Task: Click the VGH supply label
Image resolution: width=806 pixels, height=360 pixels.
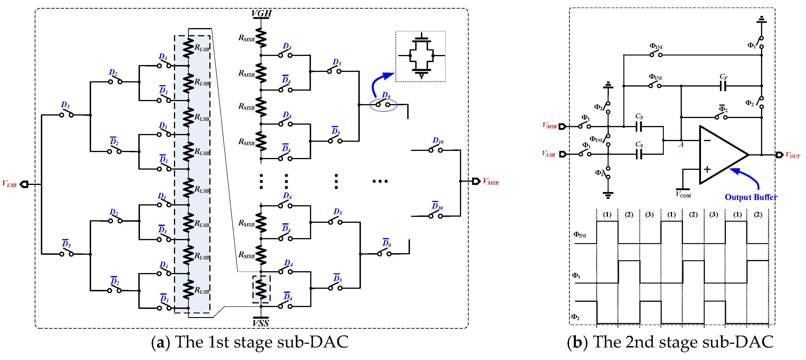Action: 261,13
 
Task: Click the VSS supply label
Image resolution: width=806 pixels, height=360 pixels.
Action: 261,323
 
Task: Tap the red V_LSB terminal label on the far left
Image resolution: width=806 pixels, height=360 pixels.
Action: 9,184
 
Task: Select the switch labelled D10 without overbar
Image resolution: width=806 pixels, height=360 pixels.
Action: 436,150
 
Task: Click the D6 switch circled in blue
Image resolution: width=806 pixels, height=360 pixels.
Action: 383,104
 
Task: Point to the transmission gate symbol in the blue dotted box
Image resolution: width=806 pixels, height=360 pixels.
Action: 421,56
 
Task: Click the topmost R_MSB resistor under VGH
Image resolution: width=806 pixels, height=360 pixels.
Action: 261,38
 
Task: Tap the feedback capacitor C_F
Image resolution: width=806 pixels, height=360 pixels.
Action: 723,85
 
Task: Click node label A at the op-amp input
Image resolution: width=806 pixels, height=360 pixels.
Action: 681,145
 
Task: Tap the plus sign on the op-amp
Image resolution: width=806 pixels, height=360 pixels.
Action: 707,169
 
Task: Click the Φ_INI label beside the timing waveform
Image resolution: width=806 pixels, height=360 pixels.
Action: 580,234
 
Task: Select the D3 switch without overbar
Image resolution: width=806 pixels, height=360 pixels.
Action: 66,114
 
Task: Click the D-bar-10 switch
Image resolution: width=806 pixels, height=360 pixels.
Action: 436,215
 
